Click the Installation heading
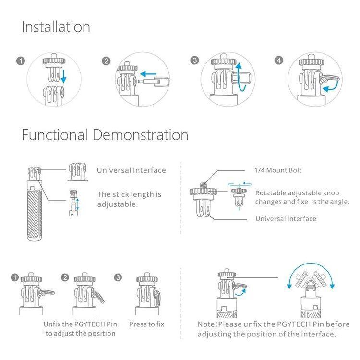pyautogui.click(x=56, y=27)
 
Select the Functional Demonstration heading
pyautogui.click(x=105, y=134)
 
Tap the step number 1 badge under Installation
pyautogui.click(x=21, y=61)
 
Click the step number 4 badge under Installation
pyautogui.click(x=279, y=60)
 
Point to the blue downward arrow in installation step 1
pyautogui.click(x=63, y=76)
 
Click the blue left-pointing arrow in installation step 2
pyautogui.click(x=148, y=74)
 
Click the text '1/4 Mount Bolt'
pyautogui.click(x=278, y=170)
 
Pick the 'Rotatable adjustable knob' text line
pyautogui.click(x=297, y=193)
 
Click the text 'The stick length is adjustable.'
pyautogui.click(x=129, y=199)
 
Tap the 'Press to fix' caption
pyautogui.click(x=146, y=324)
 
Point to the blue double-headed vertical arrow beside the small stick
pyautogui.click(x=78, y=204)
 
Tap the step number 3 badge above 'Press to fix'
pyautogui.click(x=118, y=277)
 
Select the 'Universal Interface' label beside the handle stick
pyautogui.click(x=132, y=170)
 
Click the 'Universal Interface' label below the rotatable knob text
pyautogui.click(x=286, y=218)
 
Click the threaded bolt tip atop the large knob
pyautogui.click(x=203, y=185)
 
